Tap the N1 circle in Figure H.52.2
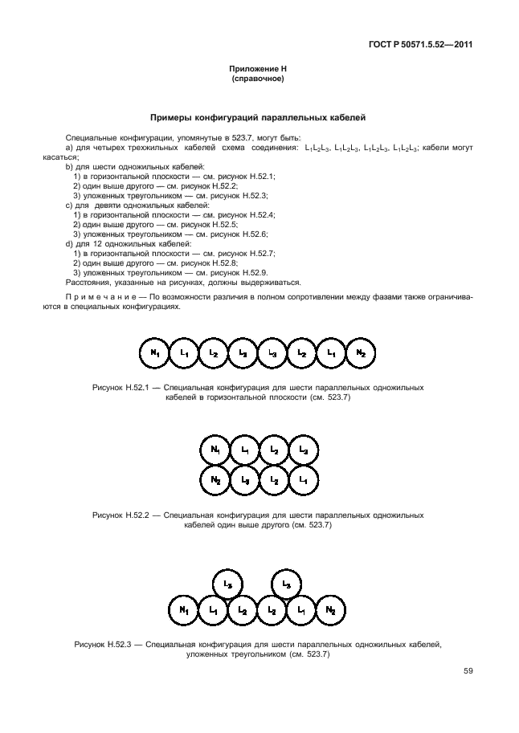tap(215, 450)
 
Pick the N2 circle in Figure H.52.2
tap(215, 480)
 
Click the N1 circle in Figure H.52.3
tap(184, 611)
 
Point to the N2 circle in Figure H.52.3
tap(331, 611)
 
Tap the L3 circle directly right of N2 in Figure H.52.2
tap(244, 480)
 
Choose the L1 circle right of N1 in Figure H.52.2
tap(244, 450)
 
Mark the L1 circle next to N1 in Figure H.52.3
tap(214, 611)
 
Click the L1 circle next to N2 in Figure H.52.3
tap(302, 611)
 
